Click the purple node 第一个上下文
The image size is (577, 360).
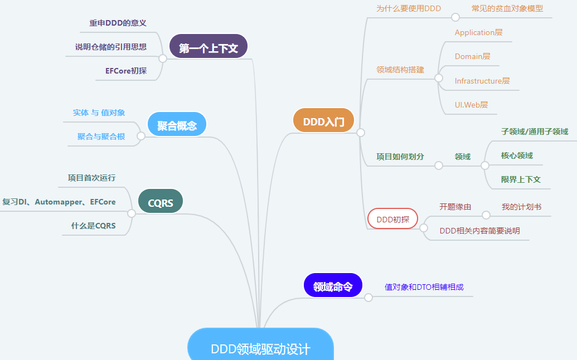point(208,48)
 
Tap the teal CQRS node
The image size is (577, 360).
point(161,203)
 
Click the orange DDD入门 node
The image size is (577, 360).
point(323,121)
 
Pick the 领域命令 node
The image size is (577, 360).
point(333,287)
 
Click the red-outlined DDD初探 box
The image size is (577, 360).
point(392,219)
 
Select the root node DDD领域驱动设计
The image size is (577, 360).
point(260,348)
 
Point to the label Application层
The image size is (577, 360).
point(478,32)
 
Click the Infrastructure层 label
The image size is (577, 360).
point(482,81)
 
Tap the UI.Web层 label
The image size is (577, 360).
point(471,104)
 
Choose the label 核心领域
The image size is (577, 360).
point(517,155)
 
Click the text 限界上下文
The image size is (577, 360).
point(521,179)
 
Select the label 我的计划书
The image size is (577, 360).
point(521,207)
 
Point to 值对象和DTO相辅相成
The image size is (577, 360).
point(424,287)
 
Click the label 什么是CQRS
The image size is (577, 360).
point(93,226)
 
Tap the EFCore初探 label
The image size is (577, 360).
point(125,71)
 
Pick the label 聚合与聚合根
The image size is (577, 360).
point(101,137)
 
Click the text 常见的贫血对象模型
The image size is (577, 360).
point(507,8)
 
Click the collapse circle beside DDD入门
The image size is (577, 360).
point(361,133)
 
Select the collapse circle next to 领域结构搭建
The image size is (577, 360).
point(439,79)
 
